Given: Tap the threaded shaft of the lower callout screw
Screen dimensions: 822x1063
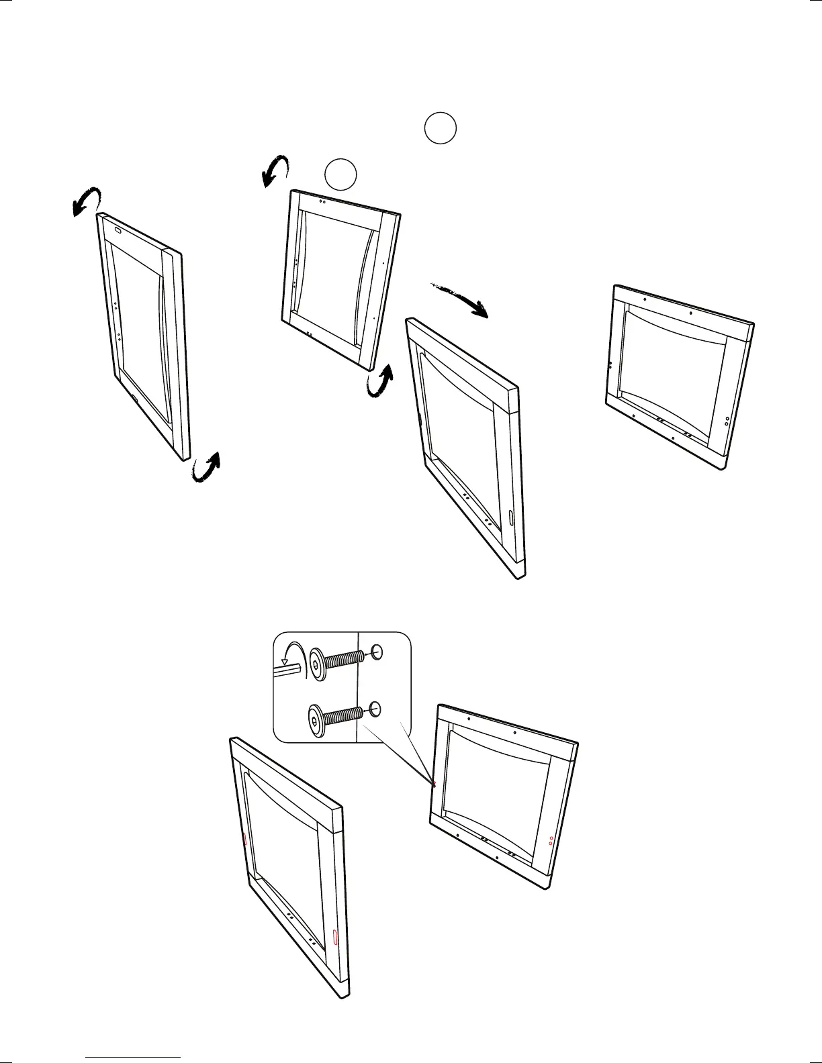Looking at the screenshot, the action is coord(345,717).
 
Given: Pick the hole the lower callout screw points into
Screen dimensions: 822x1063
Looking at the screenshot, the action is coord(376,708).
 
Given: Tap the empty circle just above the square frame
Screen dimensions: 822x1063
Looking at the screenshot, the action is coord(340,174).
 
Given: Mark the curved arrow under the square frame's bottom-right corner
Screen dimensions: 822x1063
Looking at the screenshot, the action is coord(380,383).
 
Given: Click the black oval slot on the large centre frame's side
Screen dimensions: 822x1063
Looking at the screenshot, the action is coord(510,518).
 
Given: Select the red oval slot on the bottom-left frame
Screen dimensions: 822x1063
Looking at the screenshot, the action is coord(335,936).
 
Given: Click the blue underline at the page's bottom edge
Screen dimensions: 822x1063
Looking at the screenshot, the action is coord(134,1058).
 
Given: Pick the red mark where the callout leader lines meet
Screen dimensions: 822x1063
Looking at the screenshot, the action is coord(435,783).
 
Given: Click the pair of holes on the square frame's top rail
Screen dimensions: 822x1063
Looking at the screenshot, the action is coord(322,200).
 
